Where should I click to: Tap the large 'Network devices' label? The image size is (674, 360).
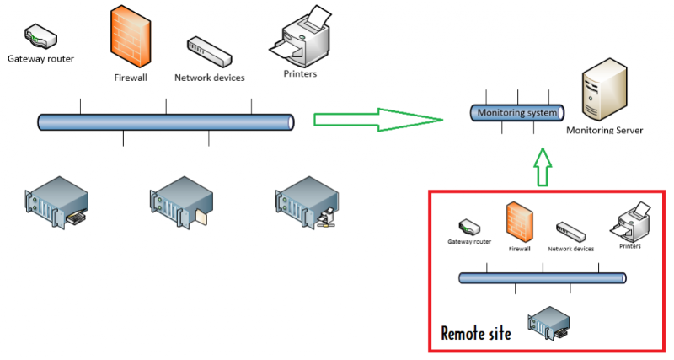point(209,78)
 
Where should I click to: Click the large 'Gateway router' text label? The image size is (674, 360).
point(40,59)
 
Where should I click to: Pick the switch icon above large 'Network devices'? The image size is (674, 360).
point(208,51)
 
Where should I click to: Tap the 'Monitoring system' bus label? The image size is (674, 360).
point(516,113)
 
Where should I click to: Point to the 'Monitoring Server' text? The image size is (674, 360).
point(604,131)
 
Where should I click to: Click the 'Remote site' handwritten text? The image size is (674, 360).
point(476,332)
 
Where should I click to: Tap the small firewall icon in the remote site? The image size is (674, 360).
point(519,223)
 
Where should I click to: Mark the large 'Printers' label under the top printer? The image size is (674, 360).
point(300,74)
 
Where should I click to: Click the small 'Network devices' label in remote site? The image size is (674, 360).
point(570,249)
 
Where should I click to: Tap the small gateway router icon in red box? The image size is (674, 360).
point(469,228)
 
